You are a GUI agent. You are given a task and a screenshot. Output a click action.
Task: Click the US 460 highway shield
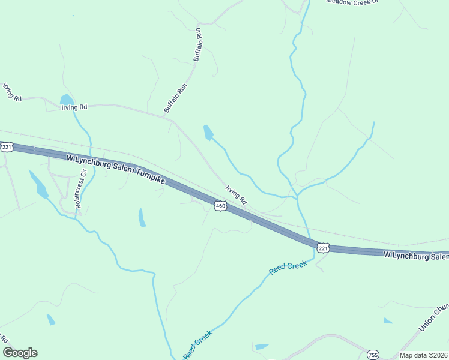coord(220,206)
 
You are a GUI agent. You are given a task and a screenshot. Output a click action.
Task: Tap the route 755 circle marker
coord(373,355)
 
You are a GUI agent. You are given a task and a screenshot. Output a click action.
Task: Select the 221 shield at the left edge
coord(7,147)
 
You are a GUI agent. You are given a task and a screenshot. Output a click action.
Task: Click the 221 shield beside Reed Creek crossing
coord(324,247)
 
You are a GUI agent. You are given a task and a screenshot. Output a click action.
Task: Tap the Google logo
coord(20,353)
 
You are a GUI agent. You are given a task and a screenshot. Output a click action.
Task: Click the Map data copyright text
coord(424,355)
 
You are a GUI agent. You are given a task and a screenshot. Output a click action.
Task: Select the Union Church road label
coord(434,316)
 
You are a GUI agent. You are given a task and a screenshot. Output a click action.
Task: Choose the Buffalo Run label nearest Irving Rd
coord(176,98)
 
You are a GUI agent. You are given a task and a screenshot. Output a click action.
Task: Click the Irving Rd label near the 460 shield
coord(237,196)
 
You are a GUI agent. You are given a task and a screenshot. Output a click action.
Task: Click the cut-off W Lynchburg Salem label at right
coord(415,256)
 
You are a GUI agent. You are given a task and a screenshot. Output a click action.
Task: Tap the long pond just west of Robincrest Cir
coord(40,185)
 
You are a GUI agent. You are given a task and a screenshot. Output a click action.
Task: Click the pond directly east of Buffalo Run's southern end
coord(208,132)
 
